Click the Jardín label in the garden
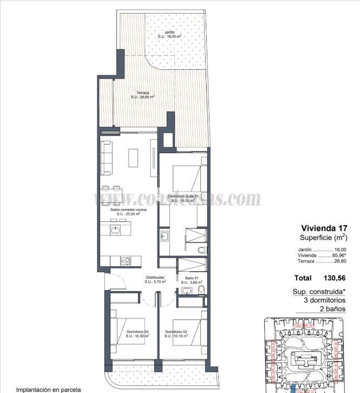pos(169,32)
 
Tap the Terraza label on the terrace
pos(143,93)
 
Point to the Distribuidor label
pos(155,277)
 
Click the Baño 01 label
pos(192,278)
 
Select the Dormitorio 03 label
pos(138,331)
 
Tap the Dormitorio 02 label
pos(176,331)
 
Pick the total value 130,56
pos(335,278)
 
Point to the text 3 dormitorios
pos(324,300)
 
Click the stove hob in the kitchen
pos(125,261)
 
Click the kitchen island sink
pos(116,230)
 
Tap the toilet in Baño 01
pos(201,290)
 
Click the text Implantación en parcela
pos(48,389)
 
